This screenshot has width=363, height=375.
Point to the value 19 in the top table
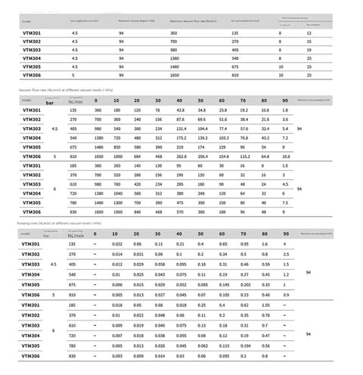click(309, 50)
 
